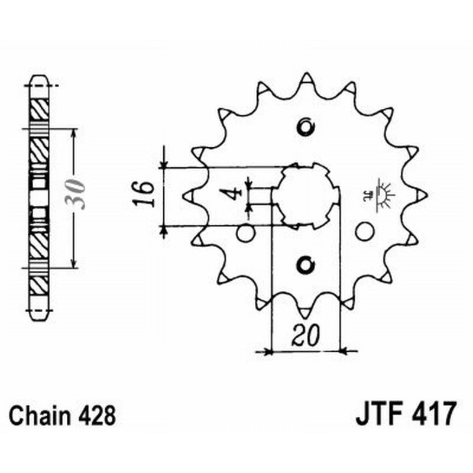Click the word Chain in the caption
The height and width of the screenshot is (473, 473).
[x=40, y=416]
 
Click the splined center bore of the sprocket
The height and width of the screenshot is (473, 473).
[x=306, y=196]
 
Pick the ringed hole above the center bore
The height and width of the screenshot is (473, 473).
[x=306, y=127]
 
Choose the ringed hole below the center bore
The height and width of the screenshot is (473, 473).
[x=306, y=265]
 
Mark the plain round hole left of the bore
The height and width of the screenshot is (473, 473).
[x=245, y=233]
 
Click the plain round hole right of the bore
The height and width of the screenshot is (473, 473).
[x=365, y=231]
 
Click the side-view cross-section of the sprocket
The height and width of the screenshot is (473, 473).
[x=39, y=197]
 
